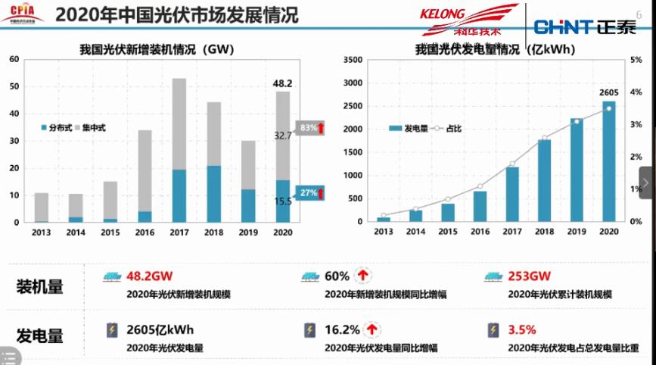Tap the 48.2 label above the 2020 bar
click(x=282, y=83)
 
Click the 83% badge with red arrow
click(x=309, y=128)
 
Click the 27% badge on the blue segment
click(x=309, y=193)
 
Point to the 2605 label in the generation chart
click(x=608, y=92)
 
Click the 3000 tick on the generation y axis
click(x=354, y=83)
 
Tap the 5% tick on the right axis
click(x=637, y=60)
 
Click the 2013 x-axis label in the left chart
click(x=41, y=232)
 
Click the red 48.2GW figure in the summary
click(x=151, y=276)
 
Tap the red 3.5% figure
click(x=522, y=330)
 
